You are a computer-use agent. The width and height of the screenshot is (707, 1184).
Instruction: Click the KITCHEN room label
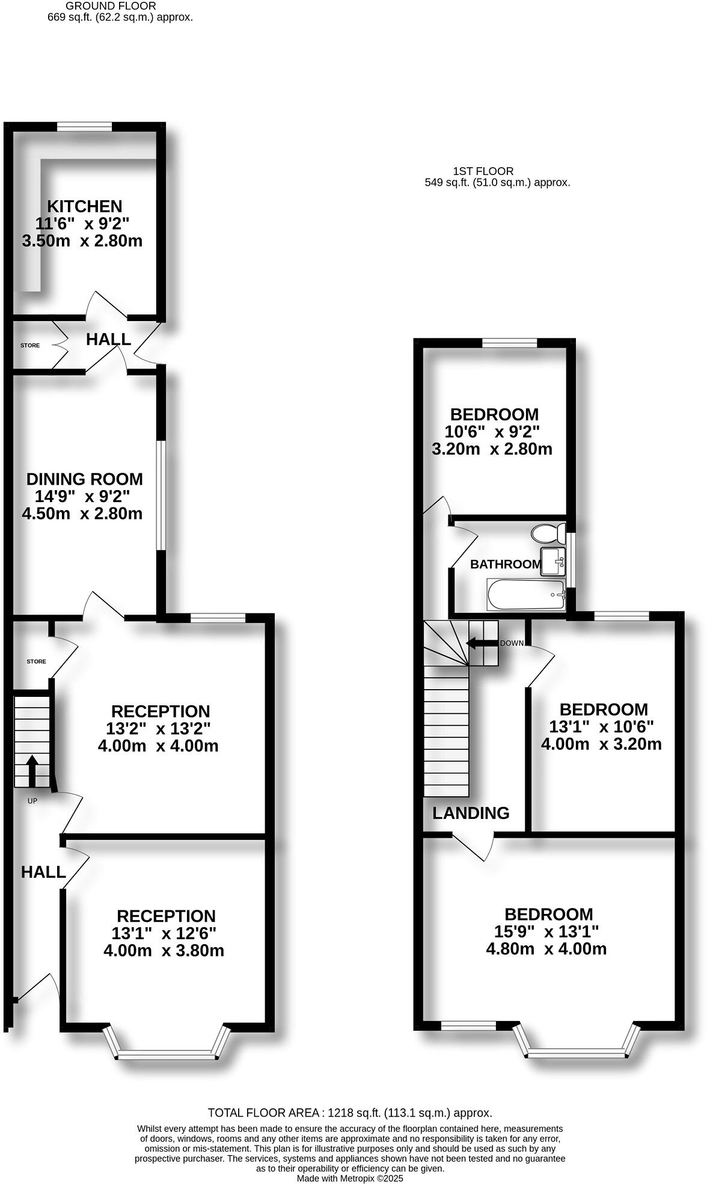85,207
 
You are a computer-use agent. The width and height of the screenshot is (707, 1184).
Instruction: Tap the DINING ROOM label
85,479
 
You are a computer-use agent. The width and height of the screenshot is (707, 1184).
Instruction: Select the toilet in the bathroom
548,533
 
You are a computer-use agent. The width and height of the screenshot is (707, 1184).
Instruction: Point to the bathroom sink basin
552,561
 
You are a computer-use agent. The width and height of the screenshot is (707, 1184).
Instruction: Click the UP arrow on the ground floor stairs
32,771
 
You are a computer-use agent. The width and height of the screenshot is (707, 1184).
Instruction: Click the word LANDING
471,813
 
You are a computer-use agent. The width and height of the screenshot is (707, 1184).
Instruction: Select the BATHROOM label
506,564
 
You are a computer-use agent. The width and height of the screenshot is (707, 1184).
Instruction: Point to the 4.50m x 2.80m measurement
82,514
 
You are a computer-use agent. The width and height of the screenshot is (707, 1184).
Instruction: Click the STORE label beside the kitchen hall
30,346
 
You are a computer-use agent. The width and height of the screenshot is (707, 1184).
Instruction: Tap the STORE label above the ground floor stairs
36,661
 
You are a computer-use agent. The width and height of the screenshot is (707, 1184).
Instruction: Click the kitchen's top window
84,127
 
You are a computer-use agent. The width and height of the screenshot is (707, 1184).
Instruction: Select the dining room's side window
161,495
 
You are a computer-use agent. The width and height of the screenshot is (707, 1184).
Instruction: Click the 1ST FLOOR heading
483,171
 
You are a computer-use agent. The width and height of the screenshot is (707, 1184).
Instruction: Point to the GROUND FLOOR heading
111,6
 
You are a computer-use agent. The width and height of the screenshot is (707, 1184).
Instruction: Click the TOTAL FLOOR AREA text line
350,1112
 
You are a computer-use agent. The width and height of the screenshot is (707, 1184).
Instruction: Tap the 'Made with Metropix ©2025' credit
350,1179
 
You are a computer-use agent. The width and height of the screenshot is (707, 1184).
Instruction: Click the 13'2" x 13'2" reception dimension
158,729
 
